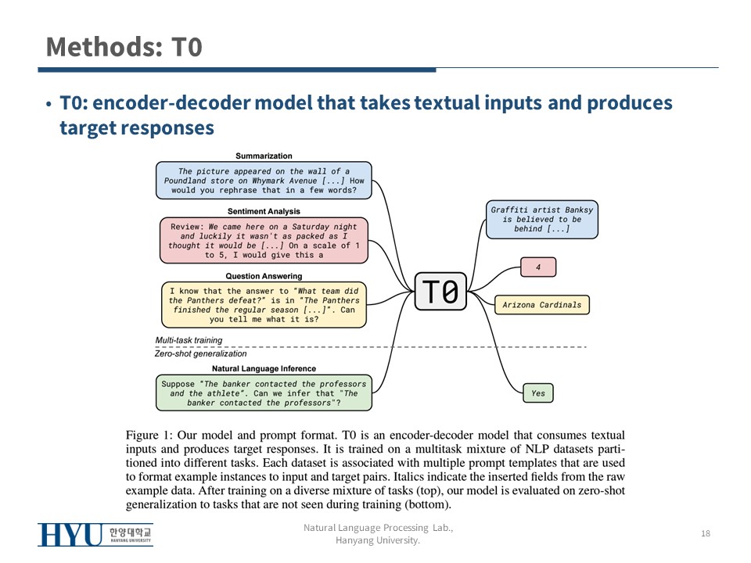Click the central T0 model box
tap(440, 292)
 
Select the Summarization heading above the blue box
tap(264, 156)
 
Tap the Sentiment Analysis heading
tap(264, 211)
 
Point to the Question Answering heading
tap(264, 276)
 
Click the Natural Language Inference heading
tap(264, 368)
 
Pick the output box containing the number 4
tap(538, 267)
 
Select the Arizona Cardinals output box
tap(541, 304)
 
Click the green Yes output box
tap(538, 393)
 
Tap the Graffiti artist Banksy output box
tap(541, 219)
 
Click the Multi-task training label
tap(189, 340)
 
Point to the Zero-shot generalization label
tap(200, 354)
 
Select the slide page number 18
tap(706, 533)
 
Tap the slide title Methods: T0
tap(124, 47)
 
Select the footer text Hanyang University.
tap(378, 540)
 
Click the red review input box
tap(264, 241)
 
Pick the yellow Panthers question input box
tap(264, 304)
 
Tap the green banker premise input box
tap(264, 393)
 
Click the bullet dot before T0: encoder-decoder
tap(49, 105)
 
